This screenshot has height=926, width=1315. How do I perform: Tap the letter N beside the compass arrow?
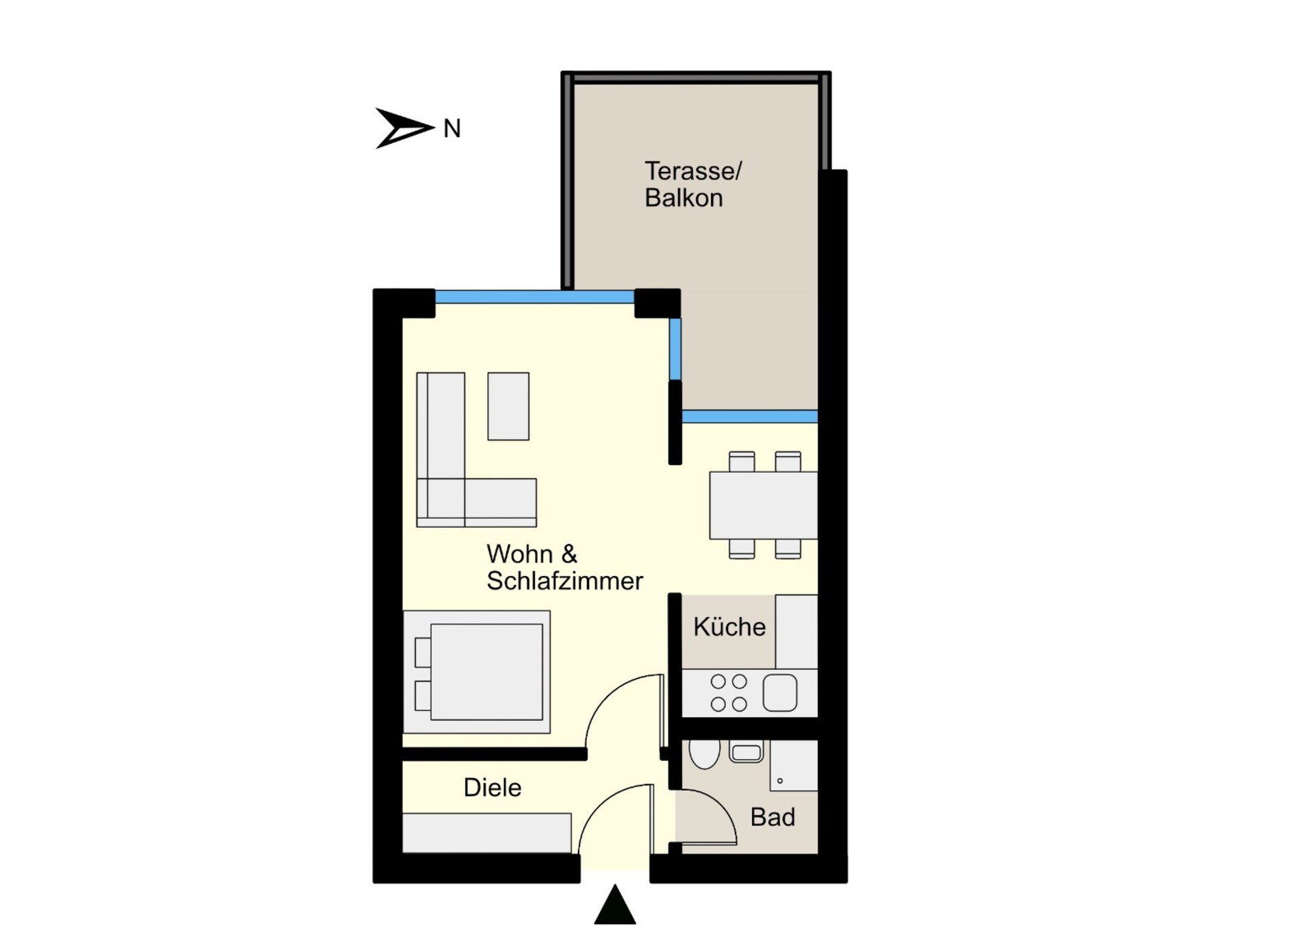coord(452,129)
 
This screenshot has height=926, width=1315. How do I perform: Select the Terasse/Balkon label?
coord(692,184)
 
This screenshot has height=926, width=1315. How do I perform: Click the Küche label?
coord(729,627)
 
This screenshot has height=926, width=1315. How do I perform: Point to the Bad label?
coord(773,817)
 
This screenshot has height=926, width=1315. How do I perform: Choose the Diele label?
coord(492,788)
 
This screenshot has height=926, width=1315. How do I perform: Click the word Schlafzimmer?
coord(564,581)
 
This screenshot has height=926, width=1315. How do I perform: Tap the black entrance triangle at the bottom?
coord(615,904)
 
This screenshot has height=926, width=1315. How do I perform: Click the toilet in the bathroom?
coord(704,753)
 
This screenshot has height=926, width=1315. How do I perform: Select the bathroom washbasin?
coord(747,751)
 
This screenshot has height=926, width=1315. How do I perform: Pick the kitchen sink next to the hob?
coord(780,692)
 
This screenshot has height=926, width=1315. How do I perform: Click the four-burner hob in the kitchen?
coord(729,692)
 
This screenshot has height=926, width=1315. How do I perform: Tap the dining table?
coord(763,505)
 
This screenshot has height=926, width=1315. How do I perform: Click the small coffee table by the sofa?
coord(508,406)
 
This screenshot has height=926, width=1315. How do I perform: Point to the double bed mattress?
coord(486,672)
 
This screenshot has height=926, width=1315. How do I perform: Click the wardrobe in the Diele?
coord(486,833)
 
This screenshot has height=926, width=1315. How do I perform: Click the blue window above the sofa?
coord(535,297)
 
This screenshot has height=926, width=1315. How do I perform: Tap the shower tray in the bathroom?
coord(794,766)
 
